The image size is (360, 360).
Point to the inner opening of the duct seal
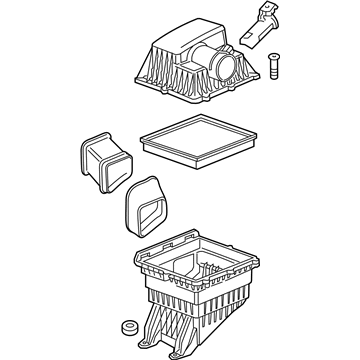pos(150,211)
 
